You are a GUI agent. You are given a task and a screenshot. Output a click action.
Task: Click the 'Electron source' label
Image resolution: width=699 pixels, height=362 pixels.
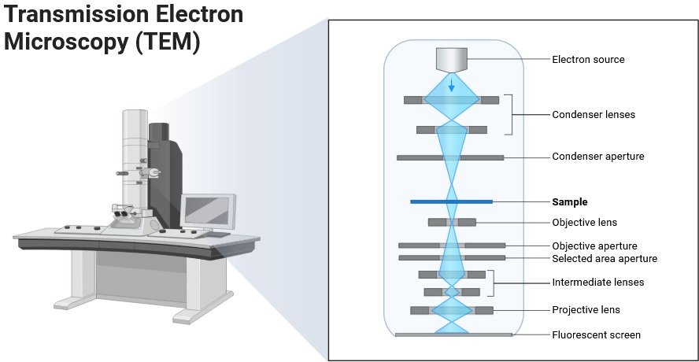[588, 59]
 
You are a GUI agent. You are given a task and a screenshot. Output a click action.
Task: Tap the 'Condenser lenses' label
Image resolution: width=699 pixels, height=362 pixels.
[594, 115]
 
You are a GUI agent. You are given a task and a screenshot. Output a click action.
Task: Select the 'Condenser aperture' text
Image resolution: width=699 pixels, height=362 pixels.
[598, 157]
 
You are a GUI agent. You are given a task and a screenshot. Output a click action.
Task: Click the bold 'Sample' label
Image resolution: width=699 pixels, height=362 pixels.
[570, 202]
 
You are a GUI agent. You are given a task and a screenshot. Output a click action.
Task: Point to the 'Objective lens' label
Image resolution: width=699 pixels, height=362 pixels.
[585, 223]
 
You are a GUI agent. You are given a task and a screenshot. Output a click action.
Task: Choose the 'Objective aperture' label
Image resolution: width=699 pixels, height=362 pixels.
[594, 246]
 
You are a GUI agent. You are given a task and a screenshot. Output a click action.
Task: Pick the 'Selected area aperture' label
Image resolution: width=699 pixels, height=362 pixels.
[605, 258]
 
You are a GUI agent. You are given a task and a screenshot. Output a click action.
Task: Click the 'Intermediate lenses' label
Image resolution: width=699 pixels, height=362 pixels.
[598, 283]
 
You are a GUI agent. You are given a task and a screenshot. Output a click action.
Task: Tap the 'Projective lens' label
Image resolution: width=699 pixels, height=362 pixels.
[586, 310]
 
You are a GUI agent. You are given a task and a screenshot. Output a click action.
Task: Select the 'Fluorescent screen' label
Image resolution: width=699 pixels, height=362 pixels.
[596, 335]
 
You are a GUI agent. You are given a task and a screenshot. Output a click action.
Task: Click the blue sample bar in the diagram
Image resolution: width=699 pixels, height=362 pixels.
[451, 202]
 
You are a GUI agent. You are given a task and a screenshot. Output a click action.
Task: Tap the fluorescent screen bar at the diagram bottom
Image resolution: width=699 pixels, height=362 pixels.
[453, 335]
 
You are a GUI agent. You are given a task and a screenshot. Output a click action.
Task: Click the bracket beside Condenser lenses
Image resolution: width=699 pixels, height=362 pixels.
[510, 115]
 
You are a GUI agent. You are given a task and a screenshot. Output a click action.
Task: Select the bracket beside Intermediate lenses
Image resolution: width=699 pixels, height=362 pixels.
[493, 283]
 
